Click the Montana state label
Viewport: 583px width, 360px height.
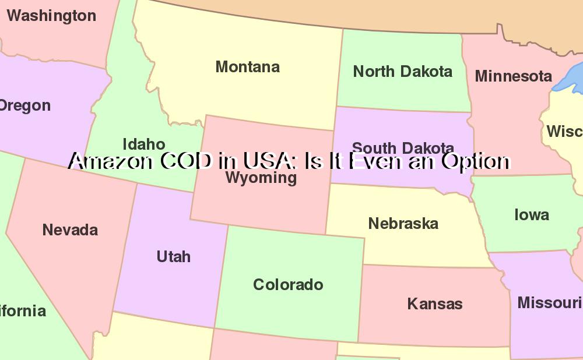coord(248,67)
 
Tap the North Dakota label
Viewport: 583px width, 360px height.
coord(403,72)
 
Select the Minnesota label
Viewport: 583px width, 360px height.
coord(513,76)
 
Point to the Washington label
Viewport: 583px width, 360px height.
coord(51,16)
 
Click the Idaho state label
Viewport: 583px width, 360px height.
coord(144,144)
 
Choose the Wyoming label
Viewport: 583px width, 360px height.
coord(261,178)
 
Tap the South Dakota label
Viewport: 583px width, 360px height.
coord(403,148)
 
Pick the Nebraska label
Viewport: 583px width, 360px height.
coord(403,224)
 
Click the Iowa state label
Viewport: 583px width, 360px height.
coord(532,215)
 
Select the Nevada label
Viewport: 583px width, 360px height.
coord(70,230)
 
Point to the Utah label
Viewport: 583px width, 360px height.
coord(174,256)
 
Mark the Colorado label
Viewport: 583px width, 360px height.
coord(288,285)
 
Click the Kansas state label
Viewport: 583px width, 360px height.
coord(435,303)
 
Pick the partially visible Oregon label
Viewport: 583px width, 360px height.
coord(24,106)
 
